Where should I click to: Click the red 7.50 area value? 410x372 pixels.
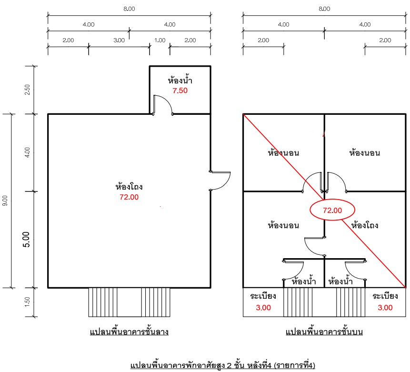coord(180,90)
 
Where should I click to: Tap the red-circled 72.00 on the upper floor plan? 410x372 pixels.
coord(332,211)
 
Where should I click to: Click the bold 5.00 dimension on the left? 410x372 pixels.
coord(26,240)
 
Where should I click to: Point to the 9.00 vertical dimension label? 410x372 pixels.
coord(5,201)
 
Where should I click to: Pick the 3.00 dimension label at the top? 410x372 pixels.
coord(119,40)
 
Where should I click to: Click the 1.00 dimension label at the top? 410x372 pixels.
coord(160,40)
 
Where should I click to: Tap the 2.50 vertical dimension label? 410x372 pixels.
coord(27,90)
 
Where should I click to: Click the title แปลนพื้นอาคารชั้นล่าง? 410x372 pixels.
coord(129,332)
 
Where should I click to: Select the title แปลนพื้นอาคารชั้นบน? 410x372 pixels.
coord(324,332)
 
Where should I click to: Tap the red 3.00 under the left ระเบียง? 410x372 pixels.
coord(263,308)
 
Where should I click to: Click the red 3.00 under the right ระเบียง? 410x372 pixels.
coord(385,308)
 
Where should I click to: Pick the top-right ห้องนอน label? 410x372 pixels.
coord(364,152)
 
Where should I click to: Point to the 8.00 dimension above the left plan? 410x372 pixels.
coord(129,9)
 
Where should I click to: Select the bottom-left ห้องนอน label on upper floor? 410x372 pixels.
coord(283,225)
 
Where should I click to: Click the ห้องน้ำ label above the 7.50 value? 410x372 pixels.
coord(180,80)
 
